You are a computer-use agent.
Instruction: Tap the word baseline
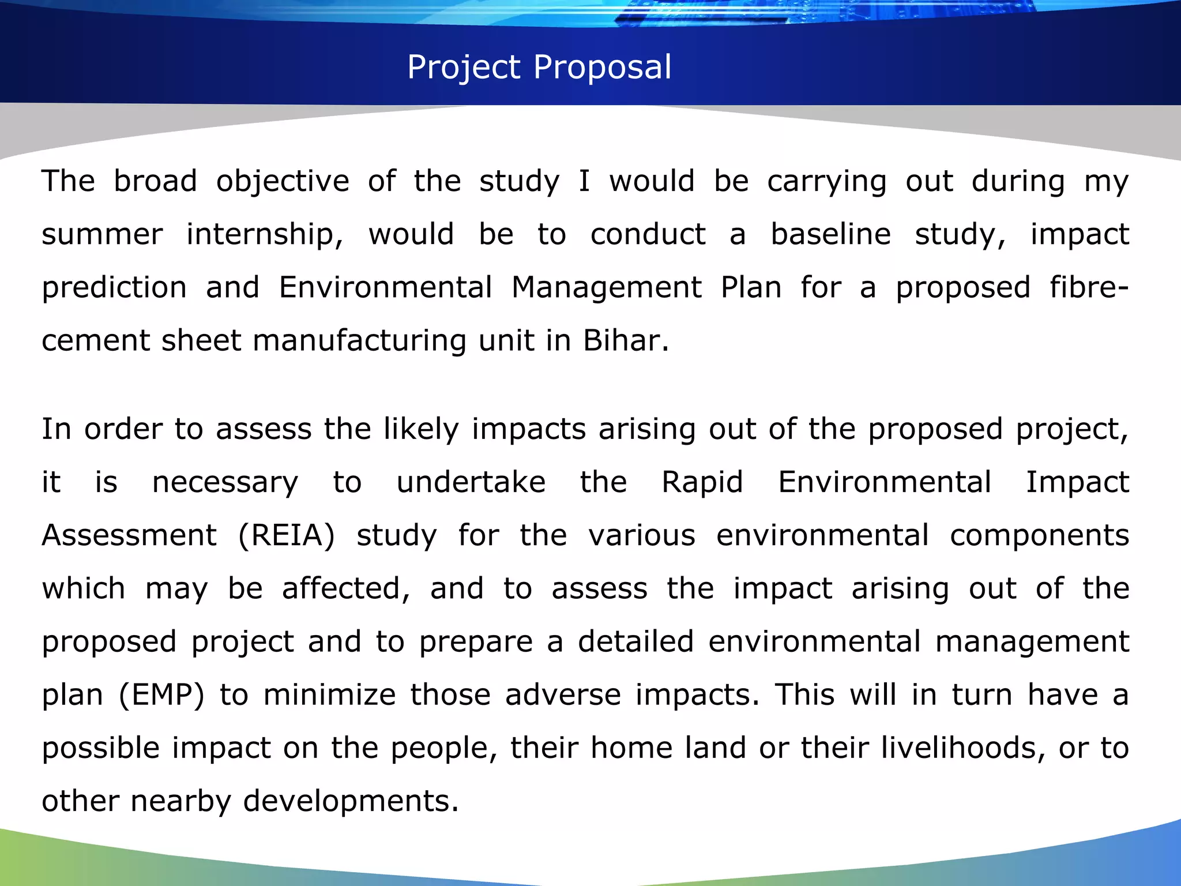(x=830, y=234)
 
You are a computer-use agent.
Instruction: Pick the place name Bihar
(x=625, y=340)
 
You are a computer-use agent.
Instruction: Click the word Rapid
(x=702, y=482)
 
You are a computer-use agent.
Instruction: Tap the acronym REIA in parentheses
(x=287, y=535)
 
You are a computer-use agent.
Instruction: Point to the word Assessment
(x=129, y=535)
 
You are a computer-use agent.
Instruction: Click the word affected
(x=345, y=588)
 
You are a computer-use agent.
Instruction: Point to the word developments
(x=351, y=801)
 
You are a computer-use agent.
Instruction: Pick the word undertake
(x=471, y=482)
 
